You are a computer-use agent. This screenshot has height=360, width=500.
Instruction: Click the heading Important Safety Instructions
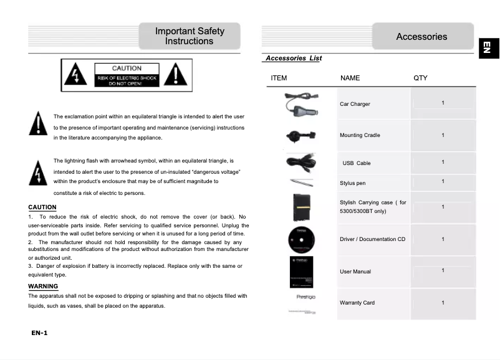pos(190,36)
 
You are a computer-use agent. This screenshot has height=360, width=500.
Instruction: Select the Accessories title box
pos(422,37)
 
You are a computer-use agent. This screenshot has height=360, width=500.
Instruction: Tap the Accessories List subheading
pos(293,58)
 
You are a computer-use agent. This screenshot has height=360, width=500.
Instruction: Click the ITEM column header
pos(279,78)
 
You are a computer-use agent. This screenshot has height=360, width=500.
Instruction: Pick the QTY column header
pos(421,78)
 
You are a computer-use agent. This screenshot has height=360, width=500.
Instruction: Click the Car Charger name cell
pos(355,104)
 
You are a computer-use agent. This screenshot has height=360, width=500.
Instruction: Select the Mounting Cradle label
pos(360,135)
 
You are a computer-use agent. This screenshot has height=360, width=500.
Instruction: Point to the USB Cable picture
pos(302,161)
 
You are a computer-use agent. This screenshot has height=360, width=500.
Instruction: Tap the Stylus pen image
pos(302,182)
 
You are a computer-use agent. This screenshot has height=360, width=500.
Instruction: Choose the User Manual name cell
pos(355,272)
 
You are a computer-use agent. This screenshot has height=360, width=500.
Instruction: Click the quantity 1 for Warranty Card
pos(443,303)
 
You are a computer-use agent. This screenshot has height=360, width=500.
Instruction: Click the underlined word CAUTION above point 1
pos(42,207)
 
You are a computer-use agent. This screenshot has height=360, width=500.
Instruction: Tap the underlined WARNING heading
pos(43,287)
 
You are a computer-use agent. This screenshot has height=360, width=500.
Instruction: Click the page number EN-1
pos(39,333)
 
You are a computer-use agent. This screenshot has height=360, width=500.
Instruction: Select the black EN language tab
pos(488,47)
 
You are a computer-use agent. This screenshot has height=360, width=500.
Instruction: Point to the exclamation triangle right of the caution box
pos(177,75)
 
